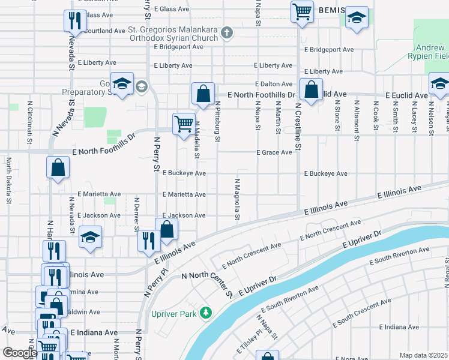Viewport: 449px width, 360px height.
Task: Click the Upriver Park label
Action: [x=175, y=313]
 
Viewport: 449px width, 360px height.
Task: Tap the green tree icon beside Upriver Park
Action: [x=206, y=313]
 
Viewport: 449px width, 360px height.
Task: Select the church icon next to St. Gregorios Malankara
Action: [x=227, y=32]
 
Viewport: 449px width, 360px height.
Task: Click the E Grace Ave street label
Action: [x=274, y=152]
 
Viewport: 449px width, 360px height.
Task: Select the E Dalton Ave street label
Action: [x=273, y=85]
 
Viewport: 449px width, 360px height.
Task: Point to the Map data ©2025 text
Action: [x=423, y=355]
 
